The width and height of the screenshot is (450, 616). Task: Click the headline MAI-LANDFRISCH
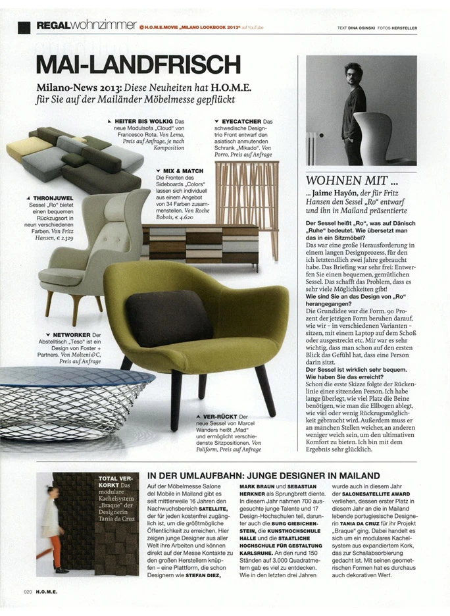pos(139,64)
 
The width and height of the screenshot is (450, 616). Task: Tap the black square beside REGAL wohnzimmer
pos(24,26)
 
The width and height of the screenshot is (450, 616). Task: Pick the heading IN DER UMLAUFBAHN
pos(263,475)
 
